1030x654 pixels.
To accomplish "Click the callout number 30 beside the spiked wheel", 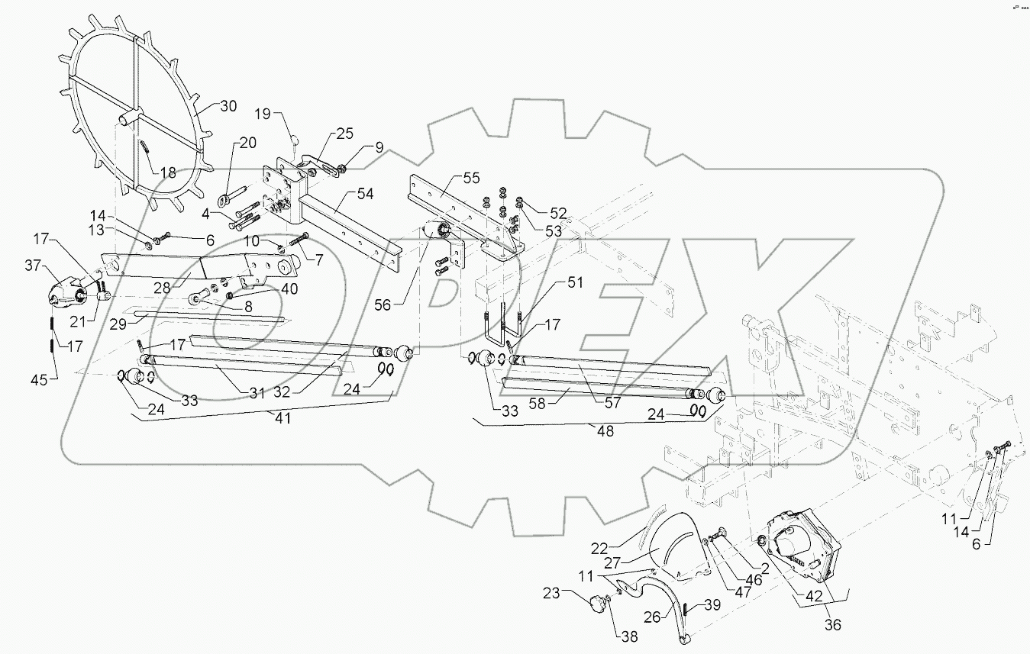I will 229,106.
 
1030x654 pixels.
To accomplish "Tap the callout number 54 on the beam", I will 365,195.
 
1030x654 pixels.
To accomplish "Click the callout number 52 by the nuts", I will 560,212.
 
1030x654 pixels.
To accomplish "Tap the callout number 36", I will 833,624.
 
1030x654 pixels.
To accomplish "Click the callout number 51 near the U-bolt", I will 573,282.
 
